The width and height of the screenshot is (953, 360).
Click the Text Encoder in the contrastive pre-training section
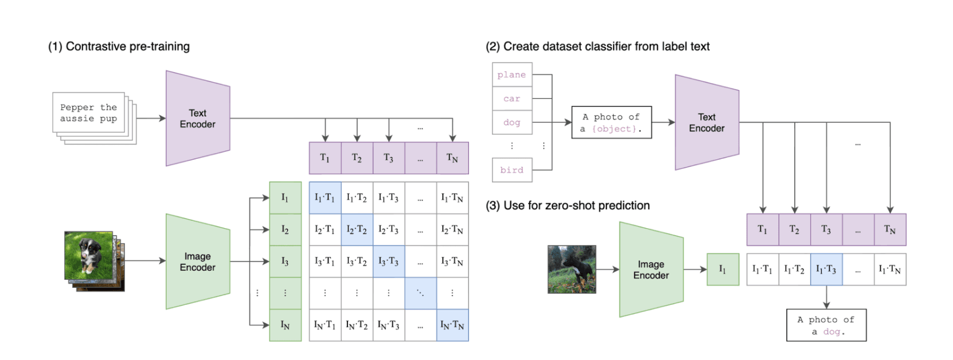click(x=197, y=119)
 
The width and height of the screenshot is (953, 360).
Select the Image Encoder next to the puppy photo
click(x=197, y=261)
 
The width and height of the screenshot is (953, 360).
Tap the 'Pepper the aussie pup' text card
click(x=88, y=113)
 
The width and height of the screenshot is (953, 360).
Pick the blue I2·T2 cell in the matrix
click(x=357, y=229)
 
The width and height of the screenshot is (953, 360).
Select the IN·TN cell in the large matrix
click(x=452, y=325)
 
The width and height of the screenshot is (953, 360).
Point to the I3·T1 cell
click(x=325, y=261)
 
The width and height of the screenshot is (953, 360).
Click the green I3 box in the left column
click(x=285, y=261)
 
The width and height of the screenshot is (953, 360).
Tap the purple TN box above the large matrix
click(x=452, y=158)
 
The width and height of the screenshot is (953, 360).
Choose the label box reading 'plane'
click(x=511, y=75)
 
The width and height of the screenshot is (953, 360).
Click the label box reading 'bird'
click(x=511, y=170)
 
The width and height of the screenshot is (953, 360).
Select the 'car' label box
click(x=511, y=99)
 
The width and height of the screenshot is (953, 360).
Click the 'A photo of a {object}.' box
click(x=611, y=123)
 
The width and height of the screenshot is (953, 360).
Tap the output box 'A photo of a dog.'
click(x=826, y=325)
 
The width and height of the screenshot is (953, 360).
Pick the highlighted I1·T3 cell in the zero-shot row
click(x=826, y=269)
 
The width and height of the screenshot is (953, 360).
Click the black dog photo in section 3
click(x=571, y=269)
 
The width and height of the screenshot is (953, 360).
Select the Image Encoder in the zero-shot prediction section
click(x=651, y=269)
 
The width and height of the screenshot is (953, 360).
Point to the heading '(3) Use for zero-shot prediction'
click(x=568, y=205)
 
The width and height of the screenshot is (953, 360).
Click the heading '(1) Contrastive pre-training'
click(x=119, y=46)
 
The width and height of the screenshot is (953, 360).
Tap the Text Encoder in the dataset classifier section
click(x=706, y=123)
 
